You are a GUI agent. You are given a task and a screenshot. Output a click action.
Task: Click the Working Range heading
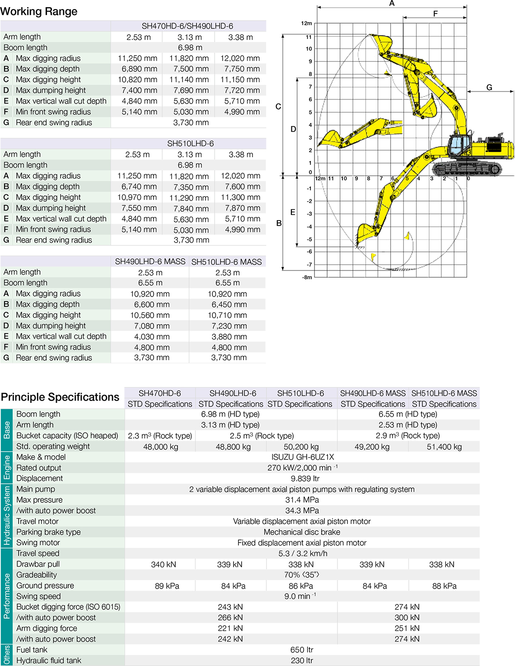(39, 11)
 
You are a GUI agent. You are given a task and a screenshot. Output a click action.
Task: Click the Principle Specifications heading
(60, 397)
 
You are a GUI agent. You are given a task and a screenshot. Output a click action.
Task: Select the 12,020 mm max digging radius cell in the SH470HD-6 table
(240, 58)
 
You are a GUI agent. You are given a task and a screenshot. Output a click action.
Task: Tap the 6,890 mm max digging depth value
(139, 69)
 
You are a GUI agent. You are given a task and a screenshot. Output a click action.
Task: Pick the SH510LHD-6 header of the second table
(190, 144)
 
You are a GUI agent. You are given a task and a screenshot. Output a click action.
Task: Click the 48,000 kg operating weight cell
(160, 447)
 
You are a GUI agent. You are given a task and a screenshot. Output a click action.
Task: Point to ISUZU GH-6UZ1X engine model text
(302, 457)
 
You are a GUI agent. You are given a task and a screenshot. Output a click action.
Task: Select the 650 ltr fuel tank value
(302, 650)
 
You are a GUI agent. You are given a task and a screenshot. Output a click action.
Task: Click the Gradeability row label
(37, 575)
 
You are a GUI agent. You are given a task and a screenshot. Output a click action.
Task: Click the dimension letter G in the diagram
(489, 88)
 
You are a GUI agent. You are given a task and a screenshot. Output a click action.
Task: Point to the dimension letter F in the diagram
(435, 14)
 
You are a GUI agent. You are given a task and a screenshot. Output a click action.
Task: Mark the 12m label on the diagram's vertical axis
(306, 23)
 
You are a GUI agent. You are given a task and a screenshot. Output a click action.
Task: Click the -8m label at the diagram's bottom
(307, 277)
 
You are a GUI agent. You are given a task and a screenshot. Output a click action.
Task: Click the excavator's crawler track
(467, 168)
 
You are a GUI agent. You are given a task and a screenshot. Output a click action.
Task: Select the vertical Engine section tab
(6, 467)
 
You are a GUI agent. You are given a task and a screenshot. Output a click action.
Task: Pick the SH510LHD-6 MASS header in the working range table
(226, 262)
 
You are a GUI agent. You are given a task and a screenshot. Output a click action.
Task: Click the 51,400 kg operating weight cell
(444, 447)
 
